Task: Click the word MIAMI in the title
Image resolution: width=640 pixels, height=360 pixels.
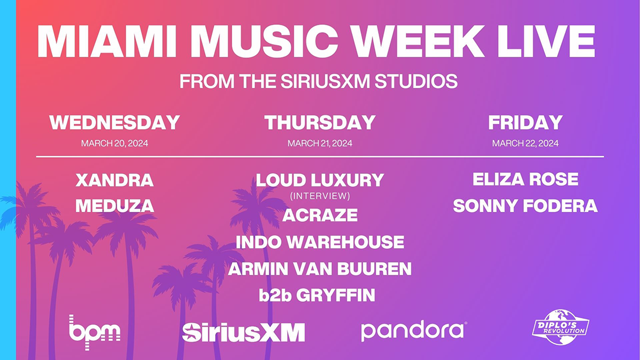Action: coord(107,41)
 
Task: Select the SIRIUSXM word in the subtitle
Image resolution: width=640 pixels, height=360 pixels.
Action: coord(325,81)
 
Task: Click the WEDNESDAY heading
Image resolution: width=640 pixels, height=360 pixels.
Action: coord(115,122)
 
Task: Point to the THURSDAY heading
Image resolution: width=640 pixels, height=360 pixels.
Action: coord(320,122)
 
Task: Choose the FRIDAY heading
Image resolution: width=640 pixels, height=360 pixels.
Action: coord(525,122)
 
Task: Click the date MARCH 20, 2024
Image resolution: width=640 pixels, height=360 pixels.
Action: coord(115,143)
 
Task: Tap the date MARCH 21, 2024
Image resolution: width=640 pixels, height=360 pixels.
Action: coord(320,143)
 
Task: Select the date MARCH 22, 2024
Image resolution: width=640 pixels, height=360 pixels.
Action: coord(525,143)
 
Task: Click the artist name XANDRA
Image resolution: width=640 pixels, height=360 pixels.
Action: coord(115,180)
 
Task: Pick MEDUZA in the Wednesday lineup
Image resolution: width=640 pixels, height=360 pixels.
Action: coord(115,206)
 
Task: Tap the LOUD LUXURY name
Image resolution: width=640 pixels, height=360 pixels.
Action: coord(320,180)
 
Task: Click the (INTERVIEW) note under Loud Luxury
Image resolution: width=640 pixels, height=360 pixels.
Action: coord(320,196)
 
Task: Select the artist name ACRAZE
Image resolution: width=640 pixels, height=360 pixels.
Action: coord(320,215)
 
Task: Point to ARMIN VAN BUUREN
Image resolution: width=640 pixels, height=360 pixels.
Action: coord(320,269)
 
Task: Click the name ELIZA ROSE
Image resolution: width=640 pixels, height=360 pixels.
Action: coord(525,179)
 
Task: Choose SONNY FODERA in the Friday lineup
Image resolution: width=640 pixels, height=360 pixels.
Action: coord(525,206)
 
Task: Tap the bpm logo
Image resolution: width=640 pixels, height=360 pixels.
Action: coord(94,332)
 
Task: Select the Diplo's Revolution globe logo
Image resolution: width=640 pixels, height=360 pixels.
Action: coord(561,327)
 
